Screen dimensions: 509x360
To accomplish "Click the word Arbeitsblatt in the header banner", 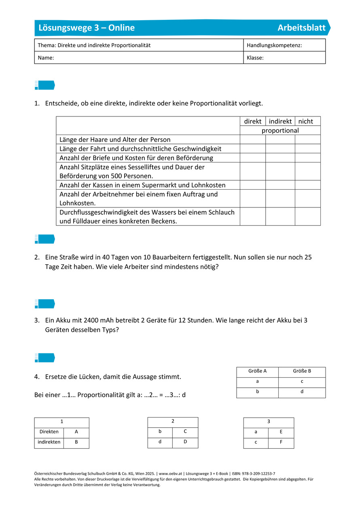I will tap(301, 28).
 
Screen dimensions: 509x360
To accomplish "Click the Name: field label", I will tap(46, 58).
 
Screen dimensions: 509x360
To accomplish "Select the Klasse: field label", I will tap(255, 58).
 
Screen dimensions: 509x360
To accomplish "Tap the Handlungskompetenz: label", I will tap(274, 45).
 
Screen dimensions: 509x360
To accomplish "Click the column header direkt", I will tap(253, 121).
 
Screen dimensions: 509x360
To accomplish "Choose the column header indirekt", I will tap(280, 121).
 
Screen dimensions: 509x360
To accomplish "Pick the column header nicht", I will tap(306, 121).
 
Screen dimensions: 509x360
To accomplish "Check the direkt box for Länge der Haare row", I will tap(253, 139).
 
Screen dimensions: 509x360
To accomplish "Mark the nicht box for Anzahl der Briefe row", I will tap(307, 158).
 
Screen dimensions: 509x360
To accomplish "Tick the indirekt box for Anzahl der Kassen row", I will tap(280, 185).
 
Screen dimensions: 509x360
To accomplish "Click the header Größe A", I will tap(257, 371).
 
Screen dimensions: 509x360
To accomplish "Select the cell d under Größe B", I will tap(302, 392).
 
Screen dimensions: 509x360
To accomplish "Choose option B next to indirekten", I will tap(76, 442).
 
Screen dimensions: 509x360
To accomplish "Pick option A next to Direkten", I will tap(76, 432).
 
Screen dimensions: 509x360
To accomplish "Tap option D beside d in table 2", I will tap(185, 442).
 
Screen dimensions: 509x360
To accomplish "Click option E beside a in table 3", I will tap(281, 432).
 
